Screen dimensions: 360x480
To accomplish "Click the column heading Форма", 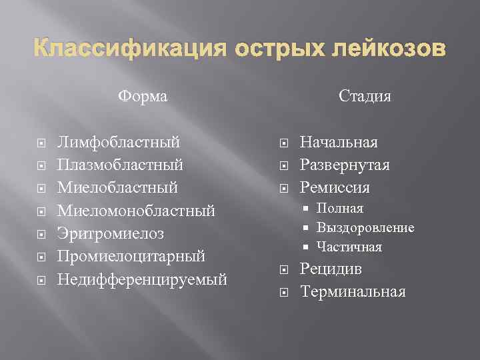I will [x=143, y=97].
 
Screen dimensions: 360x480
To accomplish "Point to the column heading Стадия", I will [x=365, y=97].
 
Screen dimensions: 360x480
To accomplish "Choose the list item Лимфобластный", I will [x=119, y=142].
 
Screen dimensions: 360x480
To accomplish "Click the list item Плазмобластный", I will [x=121, y=165].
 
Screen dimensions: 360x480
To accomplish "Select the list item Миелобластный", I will [x=117, y=188].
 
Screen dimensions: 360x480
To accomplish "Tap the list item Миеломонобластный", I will [x=136, y=211].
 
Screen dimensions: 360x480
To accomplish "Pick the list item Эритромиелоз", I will [x=110, y=234].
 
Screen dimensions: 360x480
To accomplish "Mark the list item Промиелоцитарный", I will [x=131, y=257].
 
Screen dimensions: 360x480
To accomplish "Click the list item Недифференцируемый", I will [x=142, y=279].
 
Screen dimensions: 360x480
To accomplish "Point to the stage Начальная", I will [x=339, y=142].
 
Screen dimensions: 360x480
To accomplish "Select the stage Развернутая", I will [x=345, y=165].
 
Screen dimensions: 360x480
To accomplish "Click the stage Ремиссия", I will [x=335, y=188].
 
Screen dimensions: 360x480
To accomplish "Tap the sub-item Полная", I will [x=340, y=209].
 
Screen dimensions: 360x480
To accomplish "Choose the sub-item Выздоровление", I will [x=365, y=228].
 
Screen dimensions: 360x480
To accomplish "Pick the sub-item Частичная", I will [x=349, y=247].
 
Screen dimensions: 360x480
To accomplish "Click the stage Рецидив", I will [x=331, y=269].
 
